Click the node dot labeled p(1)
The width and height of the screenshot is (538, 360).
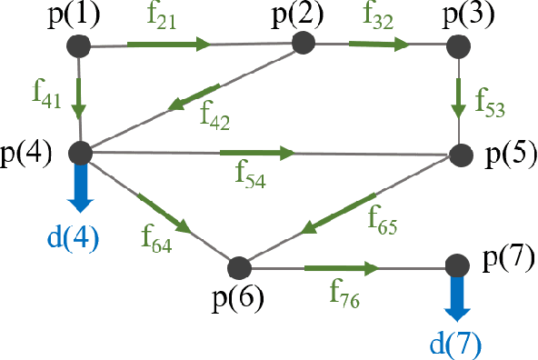coord(81,46)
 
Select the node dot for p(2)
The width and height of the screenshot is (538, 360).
coord(304,44)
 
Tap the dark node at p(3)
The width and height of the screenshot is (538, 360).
coord(460,46)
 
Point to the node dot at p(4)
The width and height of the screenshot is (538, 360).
coord(82,151)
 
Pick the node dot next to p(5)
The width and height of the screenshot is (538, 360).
coord(460,155)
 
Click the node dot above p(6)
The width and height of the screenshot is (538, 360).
coord(239,268)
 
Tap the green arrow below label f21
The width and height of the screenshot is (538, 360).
coord(169,44)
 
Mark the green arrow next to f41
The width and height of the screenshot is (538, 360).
coord(82,99)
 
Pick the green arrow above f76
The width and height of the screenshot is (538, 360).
coord(341,268)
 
